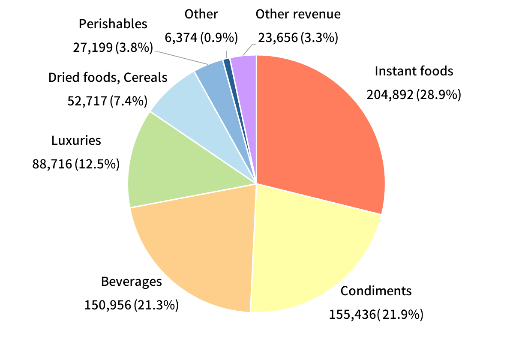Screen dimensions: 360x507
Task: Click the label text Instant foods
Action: click(414, 71)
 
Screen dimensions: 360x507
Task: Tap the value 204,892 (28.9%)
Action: click(414, 94)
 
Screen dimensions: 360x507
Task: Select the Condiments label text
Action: click(376, 291)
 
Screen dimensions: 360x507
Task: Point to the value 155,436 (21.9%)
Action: click(376, 315)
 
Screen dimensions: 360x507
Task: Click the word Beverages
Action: click(132, 282)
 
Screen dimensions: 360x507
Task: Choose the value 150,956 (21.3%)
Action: click(132, 305)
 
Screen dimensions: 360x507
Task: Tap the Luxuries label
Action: click(76, 140)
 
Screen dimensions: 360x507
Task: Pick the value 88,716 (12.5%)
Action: click(76, 164)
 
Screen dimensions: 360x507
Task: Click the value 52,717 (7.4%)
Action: click(108, 101)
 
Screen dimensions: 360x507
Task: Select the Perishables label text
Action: click(113, 24)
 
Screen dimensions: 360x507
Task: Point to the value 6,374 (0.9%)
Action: click(201, 38)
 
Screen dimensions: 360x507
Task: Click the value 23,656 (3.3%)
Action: click(298, 38)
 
